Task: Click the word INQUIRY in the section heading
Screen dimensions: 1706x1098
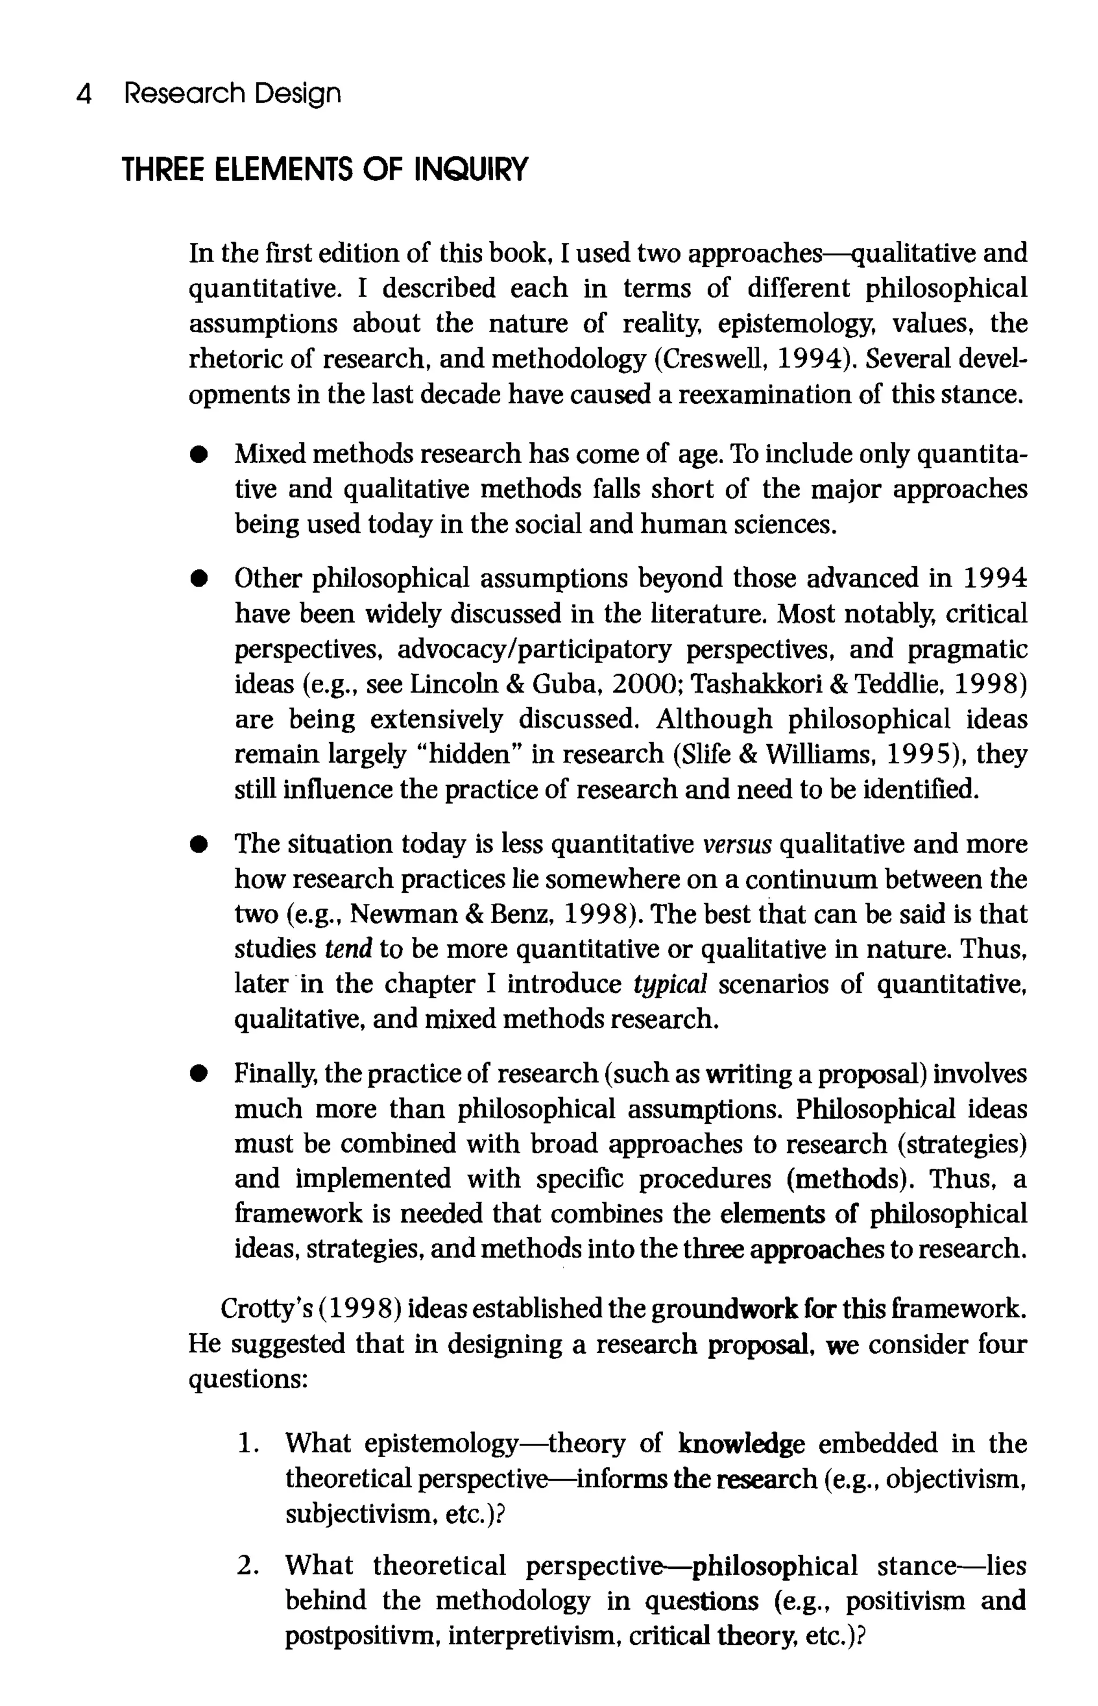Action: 471,169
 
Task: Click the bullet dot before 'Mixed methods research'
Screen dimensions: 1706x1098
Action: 199,455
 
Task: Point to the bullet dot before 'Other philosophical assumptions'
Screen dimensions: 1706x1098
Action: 199,579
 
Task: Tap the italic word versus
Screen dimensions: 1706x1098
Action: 737,844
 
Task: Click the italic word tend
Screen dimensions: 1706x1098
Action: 348,949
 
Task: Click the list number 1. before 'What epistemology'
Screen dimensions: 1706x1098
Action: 247,1444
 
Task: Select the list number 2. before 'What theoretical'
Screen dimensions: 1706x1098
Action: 247,1566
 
